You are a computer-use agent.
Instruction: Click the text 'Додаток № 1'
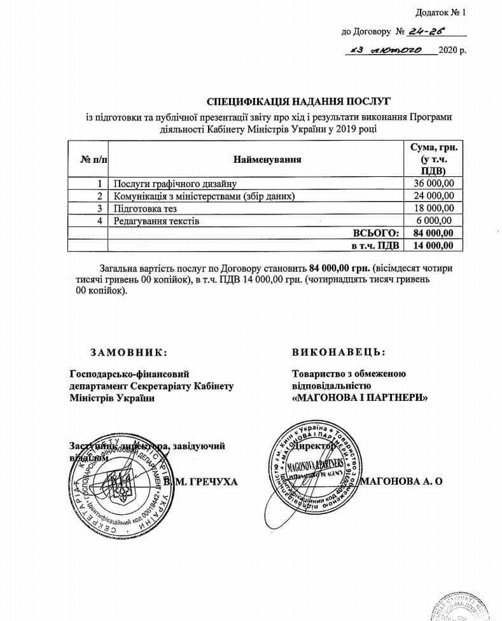(441, 12)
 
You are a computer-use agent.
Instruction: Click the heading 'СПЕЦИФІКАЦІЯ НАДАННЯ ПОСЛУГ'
(298, 101)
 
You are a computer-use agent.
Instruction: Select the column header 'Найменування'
(267, 159)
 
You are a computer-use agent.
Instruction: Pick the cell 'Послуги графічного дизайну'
(171, 184)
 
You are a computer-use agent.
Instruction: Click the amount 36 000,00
(430, 184)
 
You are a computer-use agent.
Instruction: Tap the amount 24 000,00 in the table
(430, 196)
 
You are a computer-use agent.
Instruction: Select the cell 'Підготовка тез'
(144, 208)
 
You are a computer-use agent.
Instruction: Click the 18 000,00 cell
(430, 208)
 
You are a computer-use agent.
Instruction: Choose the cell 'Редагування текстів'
(157, 221)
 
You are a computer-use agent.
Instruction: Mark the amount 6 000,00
(433, 221)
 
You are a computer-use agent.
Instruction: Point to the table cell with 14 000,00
(429, 245)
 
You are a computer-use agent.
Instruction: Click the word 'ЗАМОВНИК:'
(130, 352)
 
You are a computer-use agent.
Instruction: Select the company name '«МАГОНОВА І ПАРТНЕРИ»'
(359, 397)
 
